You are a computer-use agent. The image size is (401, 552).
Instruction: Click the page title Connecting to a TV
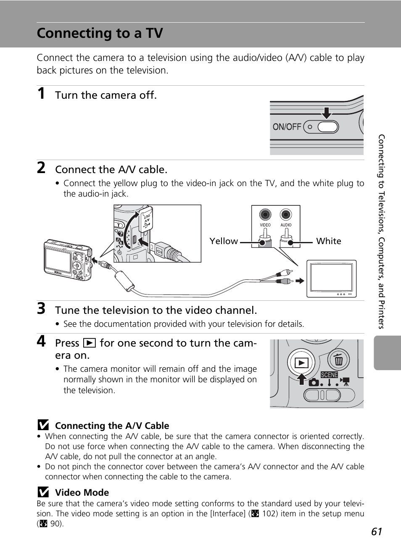(x=100, y=33)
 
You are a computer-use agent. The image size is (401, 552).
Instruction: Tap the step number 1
(x=41, y=94)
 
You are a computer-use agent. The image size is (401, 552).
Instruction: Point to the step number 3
(x=41, y=309)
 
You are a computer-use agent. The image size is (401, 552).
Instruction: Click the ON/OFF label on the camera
(x=287, y=127)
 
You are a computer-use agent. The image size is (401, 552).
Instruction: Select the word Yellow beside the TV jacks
(x=224, y=241)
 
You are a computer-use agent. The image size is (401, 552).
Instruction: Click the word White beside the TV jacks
(x=329, y=241)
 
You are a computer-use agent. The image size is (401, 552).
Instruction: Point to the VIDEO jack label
(x=265, y=225)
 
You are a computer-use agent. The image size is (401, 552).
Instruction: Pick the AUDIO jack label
(x=286, y=225)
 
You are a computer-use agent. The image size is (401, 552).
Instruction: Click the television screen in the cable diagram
(x=331, y=278)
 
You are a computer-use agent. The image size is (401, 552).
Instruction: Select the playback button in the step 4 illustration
(x=301, y=363)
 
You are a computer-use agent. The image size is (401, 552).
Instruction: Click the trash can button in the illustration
(x=338, y=360)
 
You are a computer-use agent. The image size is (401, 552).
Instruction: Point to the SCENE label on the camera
(x=329, y=375)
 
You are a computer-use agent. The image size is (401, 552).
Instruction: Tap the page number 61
(x=377, y=532)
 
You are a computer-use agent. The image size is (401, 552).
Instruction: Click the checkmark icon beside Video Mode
(x=43, y=492)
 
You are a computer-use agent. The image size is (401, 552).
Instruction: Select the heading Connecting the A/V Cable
(x=112, y=426)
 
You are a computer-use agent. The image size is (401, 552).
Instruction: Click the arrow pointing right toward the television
(x=300, y=281)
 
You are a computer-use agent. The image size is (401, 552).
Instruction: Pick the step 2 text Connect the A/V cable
(x=111, y=169)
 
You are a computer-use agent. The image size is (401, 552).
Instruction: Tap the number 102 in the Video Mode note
(x=269, y=513)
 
